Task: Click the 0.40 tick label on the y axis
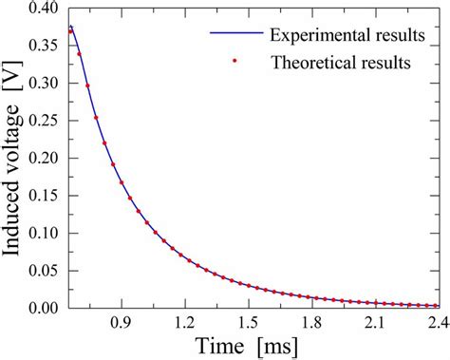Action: click(x=43, y=9)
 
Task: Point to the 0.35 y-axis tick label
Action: click(x=43, y=47)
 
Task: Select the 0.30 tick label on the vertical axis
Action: click(x=43, y=84)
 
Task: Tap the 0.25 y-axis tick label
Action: click(x=43, y=121)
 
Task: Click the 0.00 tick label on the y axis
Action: click(x=43, y=307)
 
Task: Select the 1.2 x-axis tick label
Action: click(x=185, y=323)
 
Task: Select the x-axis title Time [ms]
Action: click(x=254, y=347)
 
